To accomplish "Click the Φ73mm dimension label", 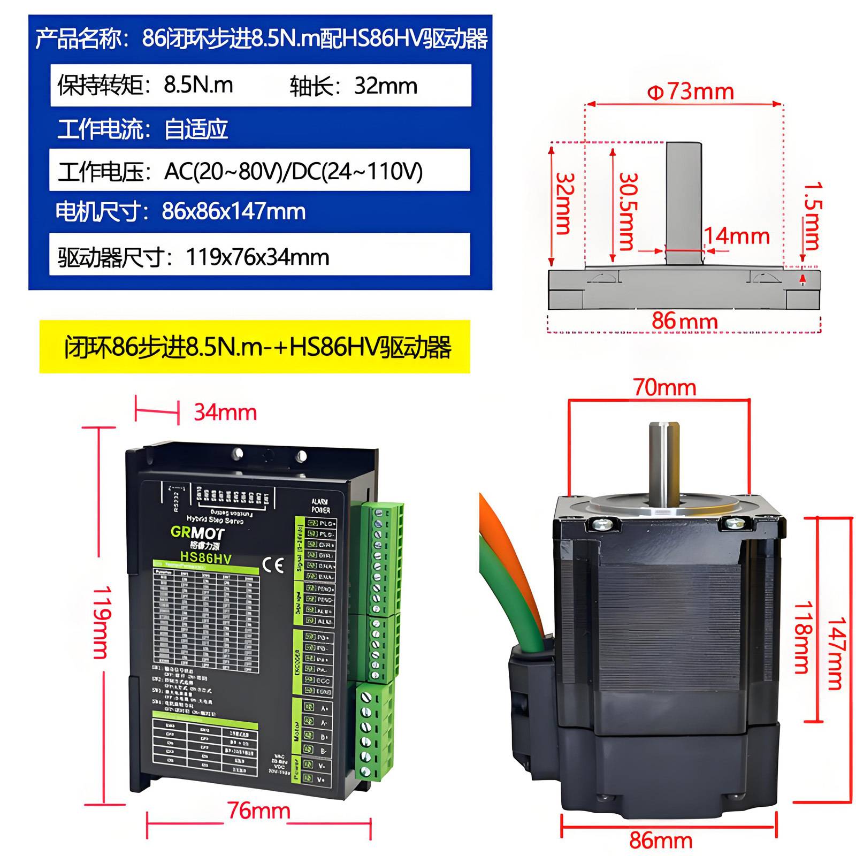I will click(690, 92).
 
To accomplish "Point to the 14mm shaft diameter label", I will click(737, 236).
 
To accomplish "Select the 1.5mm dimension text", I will click(812, 216).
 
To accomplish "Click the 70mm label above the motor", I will click(665, 387).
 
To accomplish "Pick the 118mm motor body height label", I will click(802, 637).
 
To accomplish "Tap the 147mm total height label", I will click(837, 653).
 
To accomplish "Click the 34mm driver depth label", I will click(225, 412).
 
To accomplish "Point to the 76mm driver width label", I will click(258, 811).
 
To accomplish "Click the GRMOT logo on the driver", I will click(197, 532).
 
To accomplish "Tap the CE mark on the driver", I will click(273, 565).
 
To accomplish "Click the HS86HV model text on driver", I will click(205, 557).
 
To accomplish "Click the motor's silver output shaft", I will click(664, 460).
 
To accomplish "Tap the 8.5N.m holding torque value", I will click(198, 85).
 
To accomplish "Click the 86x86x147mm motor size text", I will click(233, 211).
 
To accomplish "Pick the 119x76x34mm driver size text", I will click(257, 257).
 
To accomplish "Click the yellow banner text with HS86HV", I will click(257, 347).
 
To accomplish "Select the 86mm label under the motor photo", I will click(661, 840).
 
